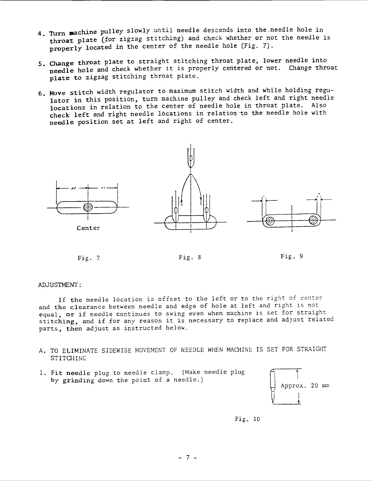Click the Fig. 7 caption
click(x=88, y=258)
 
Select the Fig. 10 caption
click(x=247, y=419)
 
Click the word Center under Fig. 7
click(x=88, y=228)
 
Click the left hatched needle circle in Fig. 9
click(x=269, y=222)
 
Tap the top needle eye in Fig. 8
click(x=191, y=159)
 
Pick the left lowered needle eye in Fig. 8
click(x=175, y=210)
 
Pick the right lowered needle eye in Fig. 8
click(x=206, y=210)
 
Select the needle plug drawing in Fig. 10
click(x=274, y=387)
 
